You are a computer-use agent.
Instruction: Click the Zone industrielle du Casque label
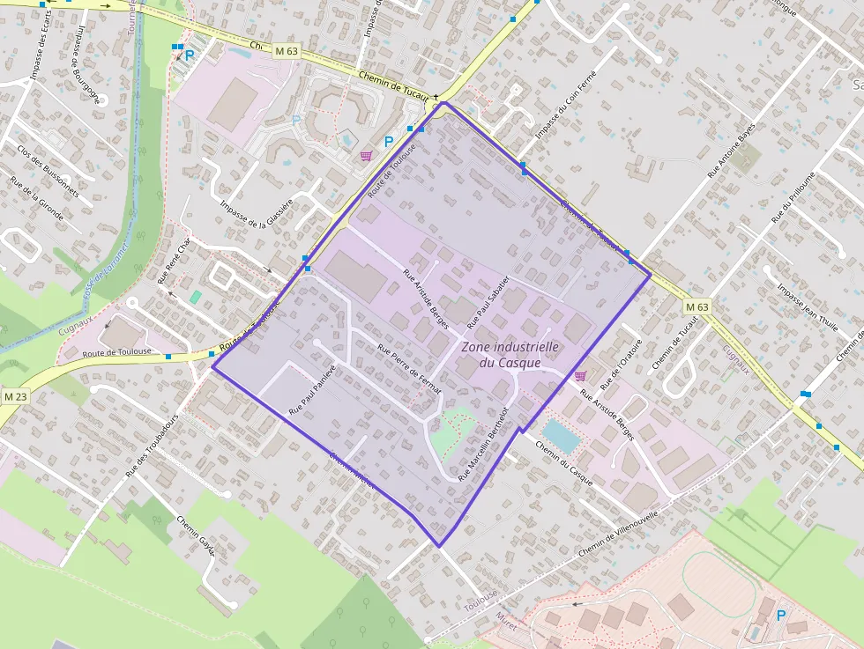[x=510, y=355]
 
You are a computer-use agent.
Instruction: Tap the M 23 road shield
[x=14, y=396]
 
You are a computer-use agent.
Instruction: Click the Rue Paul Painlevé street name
[x=313, y=390]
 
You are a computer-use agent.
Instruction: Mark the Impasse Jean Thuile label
[x=807, y=305]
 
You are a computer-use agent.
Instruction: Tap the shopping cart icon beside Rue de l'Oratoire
[x=580, y=376]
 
